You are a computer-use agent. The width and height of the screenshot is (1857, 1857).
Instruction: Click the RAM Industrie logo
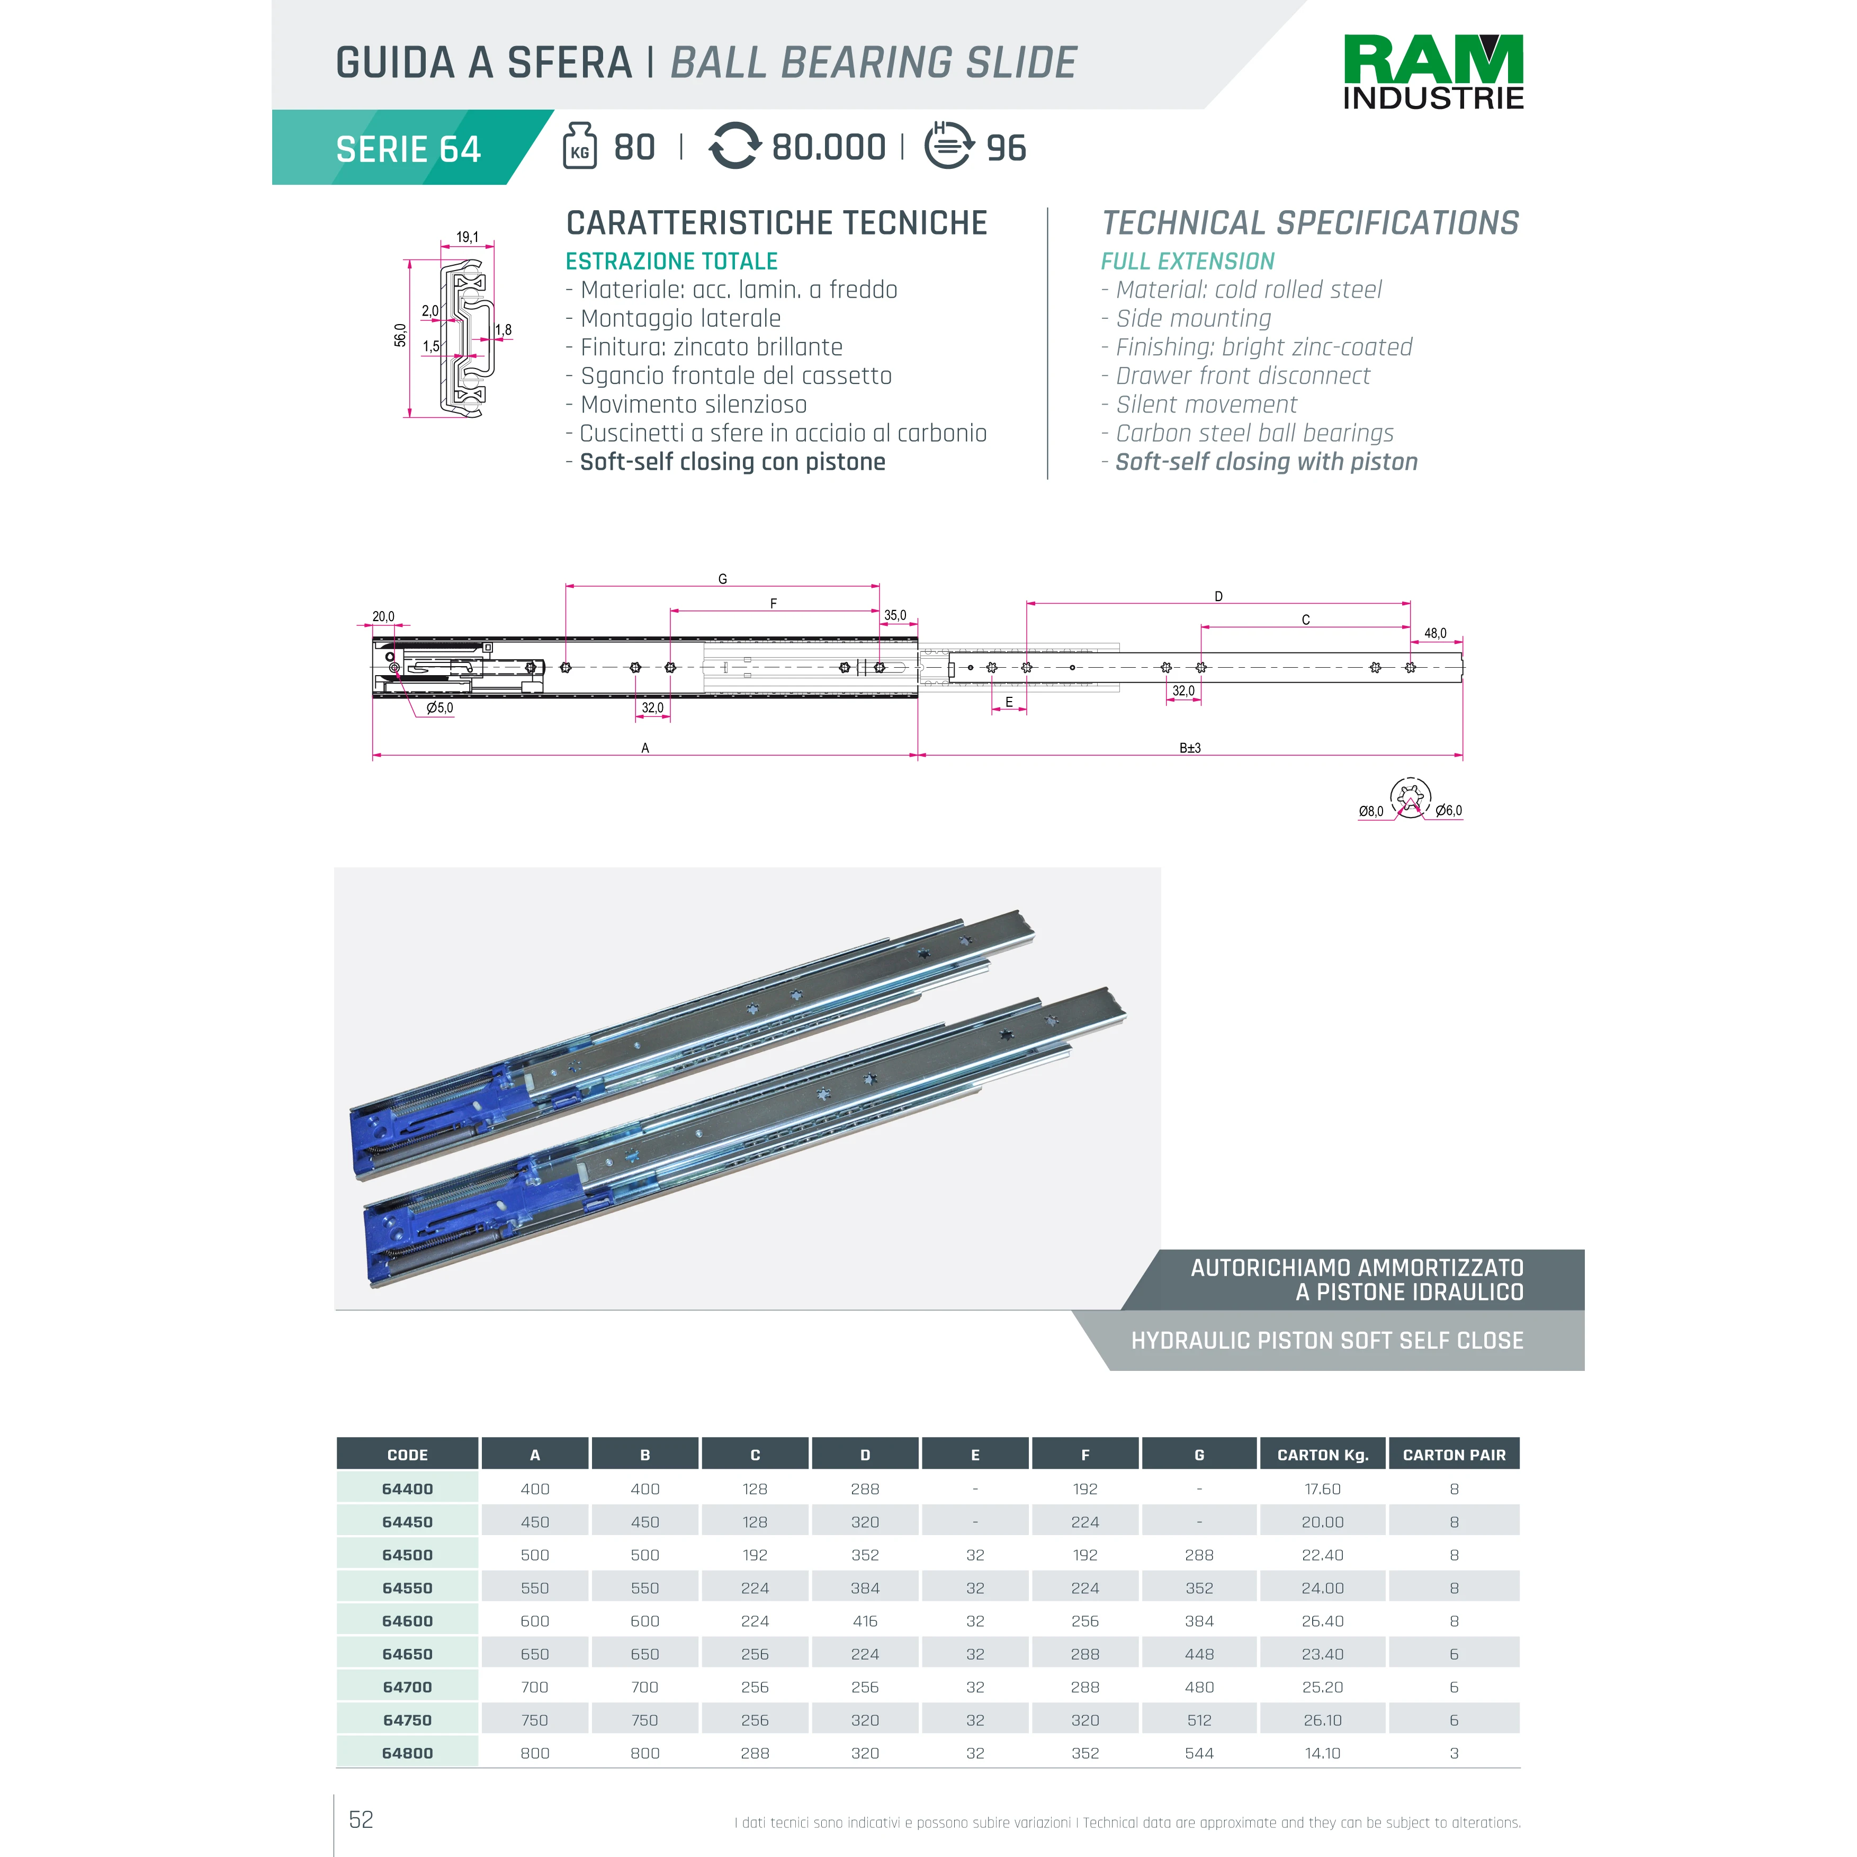pyautogui.click(x=1432, y=72)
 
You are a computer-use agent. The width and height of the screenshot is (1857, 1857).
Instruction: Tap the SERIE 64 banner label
pyautogui.click(x=408, y=149)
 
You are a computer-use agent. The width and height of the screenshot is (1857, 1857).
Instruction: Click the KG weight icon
pyautogui.click(x=580, y=146)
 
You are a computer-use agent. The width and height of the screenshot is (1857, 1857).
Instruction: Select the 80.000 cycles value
pyautogui.click(x=829, y=147)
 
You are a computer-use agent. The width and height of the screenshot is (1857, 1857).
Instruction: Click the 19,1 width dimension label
pyautogui.click(x=467, y=237)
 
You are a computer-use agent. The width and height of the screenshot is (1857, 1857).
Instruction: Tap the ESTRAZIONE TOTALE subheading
pyautogui.click(x=671, y=262)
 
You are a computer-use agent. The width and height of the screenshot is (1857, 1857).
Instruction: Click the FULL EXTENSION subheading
pyautogui.click(x=1187, y=262)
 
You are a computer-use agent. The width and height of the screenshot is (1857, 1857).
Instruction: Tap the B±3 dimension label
pyautogui.click(x=1190, y=748)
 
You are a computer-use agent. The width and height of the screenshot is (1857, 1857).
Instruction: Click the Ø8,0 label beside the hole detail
pyautogui.click(x=1370, y=811)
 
